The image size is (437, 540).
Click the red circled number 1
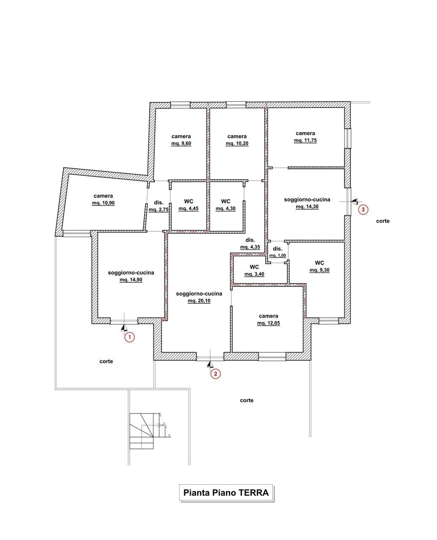point(130,337)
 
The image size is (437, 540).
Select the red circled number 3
point(363,210)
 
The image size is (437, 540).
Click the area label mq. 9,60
point(181,143)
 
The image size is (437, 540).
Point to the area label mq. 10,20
point(237,143)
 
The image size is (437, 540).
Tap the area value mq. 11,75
point(306,140)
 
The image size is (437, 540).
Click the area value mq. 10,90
point(103,203)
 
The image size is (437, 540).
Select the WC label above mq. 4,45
point(189,201)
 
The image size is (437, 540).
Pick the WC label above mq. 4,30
point(225,201)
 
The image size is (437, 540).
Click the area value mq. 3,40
point(254,274)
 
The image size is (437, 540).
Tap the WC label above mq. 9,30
point(319,263)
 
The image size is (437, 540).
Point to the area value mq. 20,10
point(199,301)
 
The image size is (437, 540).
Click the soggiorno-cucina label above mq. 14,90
point(131,273)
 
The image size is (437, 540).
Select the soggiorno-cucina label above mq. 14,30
point(307,200)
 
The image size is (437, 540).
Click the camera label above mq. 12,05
point(268,316)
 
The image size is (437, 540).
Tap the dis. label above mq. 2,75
point(159,202)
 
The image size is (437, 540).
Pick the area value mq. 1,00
point(277,256)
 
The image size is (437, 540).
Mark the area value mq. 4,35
point(250,247)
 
